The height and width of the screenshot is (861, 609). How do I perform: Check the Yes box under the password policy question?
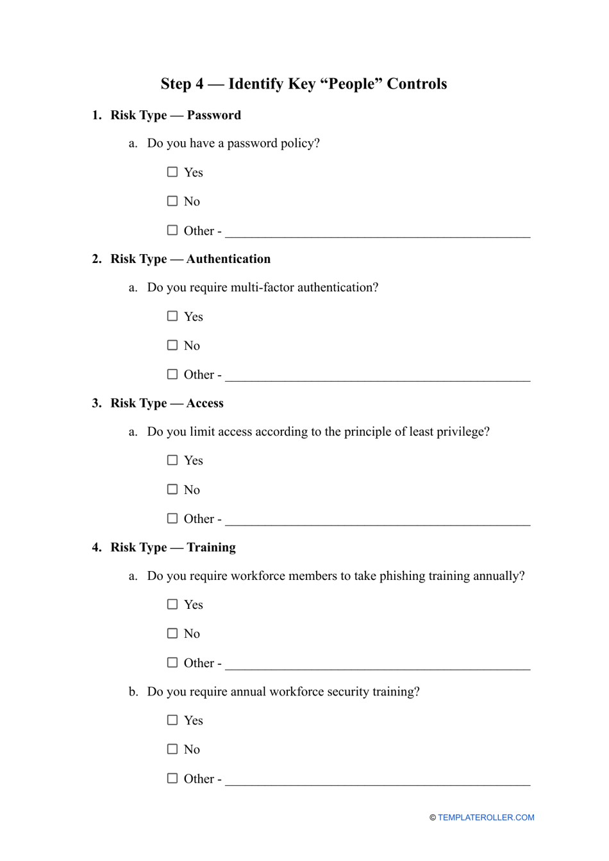(x=172, y=172)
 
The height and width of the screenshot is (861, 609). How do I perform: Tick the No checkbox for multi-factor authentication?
(x=172, y=345)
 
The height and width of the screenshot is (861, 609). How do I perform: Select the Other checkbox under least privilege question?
(x=172, y=518)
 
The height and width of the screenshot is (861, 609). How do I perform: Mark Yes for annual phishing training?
(x=172, y=604)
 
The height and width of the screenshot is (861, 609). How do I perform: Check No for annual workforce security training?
(x=172, y=749)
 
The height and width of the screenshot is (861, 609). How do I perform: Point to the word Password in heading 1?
(x=213, y=115)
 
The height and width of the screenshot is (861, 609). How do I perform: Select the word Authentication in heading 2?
(x=228, y=259)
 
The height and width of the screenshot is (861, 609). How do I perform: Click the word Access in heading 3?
(x=205, y=404)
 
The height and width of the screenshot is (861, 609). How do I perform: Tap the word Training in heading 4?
(x=211, y=547)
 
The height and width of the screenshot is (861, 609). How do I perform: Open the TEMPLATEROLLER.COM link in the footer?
(x=486, y=817)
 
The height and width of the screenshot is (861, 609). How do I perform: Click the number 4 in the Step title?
(x=199, y=84)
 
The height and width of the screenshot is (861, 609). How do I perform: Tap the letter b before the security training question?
(x=132, y=692)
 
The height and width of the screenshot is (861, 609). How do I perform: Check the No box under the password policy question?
(x=172, y=201)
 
